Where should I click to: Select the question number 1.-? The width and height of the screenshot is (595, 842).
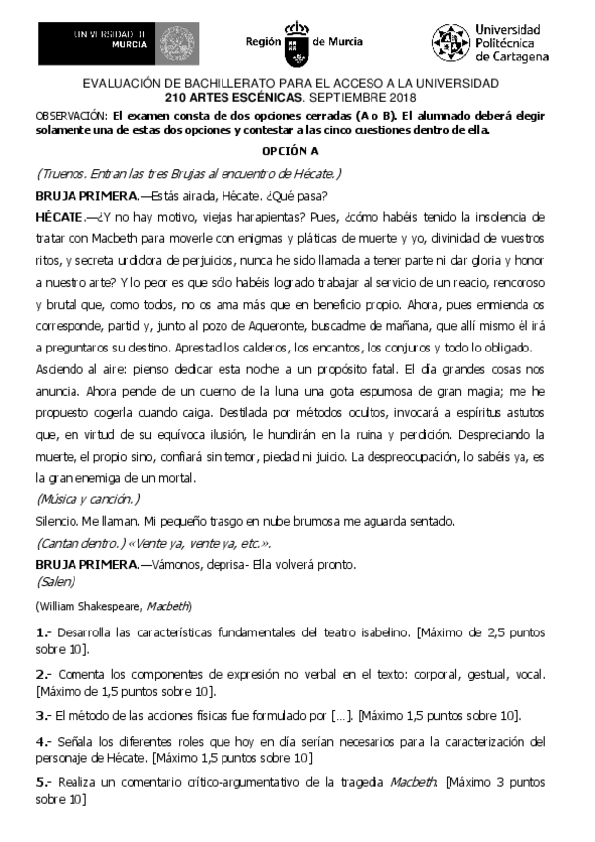tap(43, 632)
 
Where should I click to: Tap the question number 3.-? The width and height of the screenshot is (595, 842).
tap(43, 716)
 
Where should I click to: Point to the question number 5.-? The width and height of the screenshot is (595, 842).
tap(43, 783)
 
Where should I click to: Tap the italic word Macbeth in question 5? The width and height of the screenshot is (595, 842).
tap(413, 783)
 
